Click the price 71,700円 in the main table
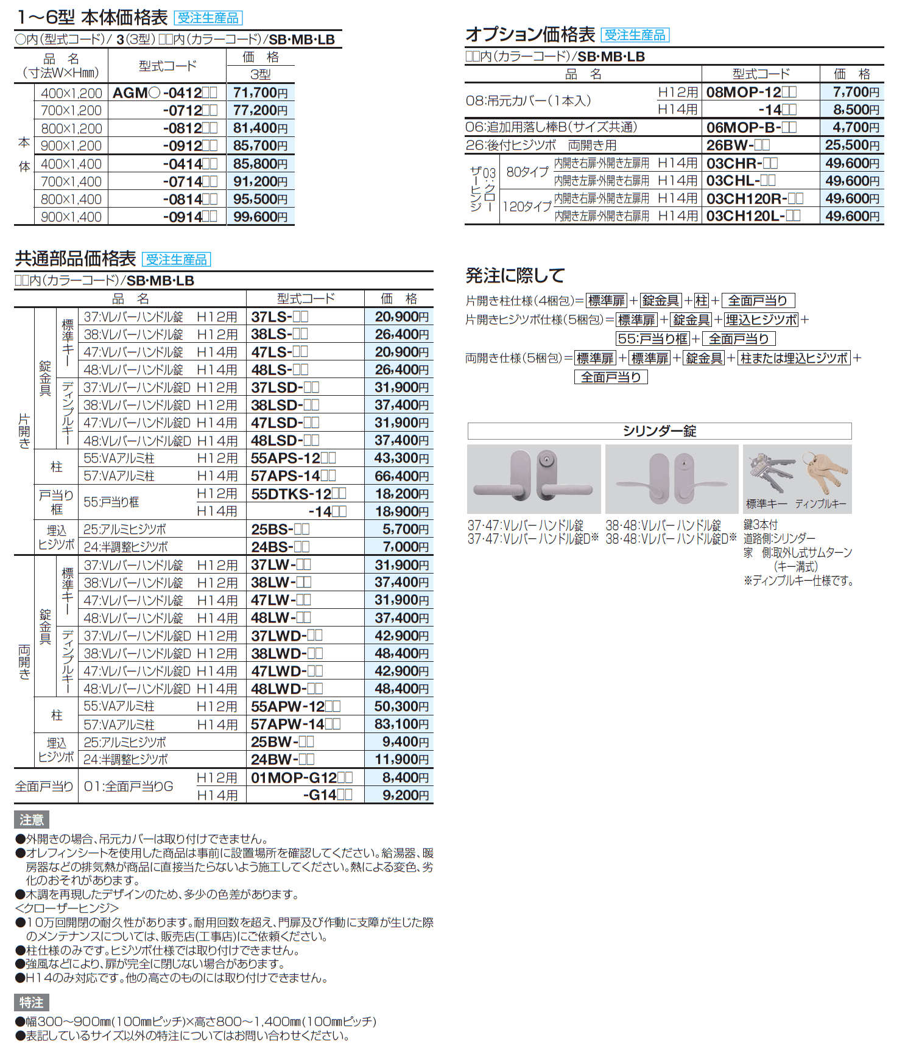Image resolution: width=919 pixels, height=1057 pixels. (x=260, y=93)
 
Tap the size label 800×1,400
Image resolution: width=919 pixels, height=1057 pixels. (x=71, y=200)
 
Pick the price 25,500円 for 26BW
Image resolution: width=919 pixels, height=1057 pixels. (x=852, y=146)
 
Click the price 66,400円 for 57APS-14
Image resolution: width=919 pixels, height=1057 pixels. (x=401, y=476)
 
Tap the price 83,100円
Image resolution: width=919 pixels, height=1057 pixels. (x=401, y=725)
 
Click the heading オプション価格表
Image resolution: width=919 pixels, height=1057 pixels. (x=530, y=35)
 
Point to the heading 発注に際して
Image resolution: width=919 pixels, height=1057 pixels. (x=515, y=276)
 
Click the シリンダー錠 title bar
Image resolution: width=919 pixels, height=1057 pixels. (x=659, y=431)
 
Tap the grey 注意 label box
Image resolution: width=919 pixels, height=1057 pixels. (x=31, y=820)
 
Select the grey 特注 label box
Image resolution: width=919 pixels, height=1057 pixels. (x=31, y=1003)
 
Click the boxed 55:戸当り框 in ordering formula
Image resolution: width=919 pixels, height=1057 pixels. (x=652, y=339)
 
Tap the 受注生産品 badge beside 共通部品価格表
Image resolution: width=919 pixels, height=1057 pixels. (x=176, y=260)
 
